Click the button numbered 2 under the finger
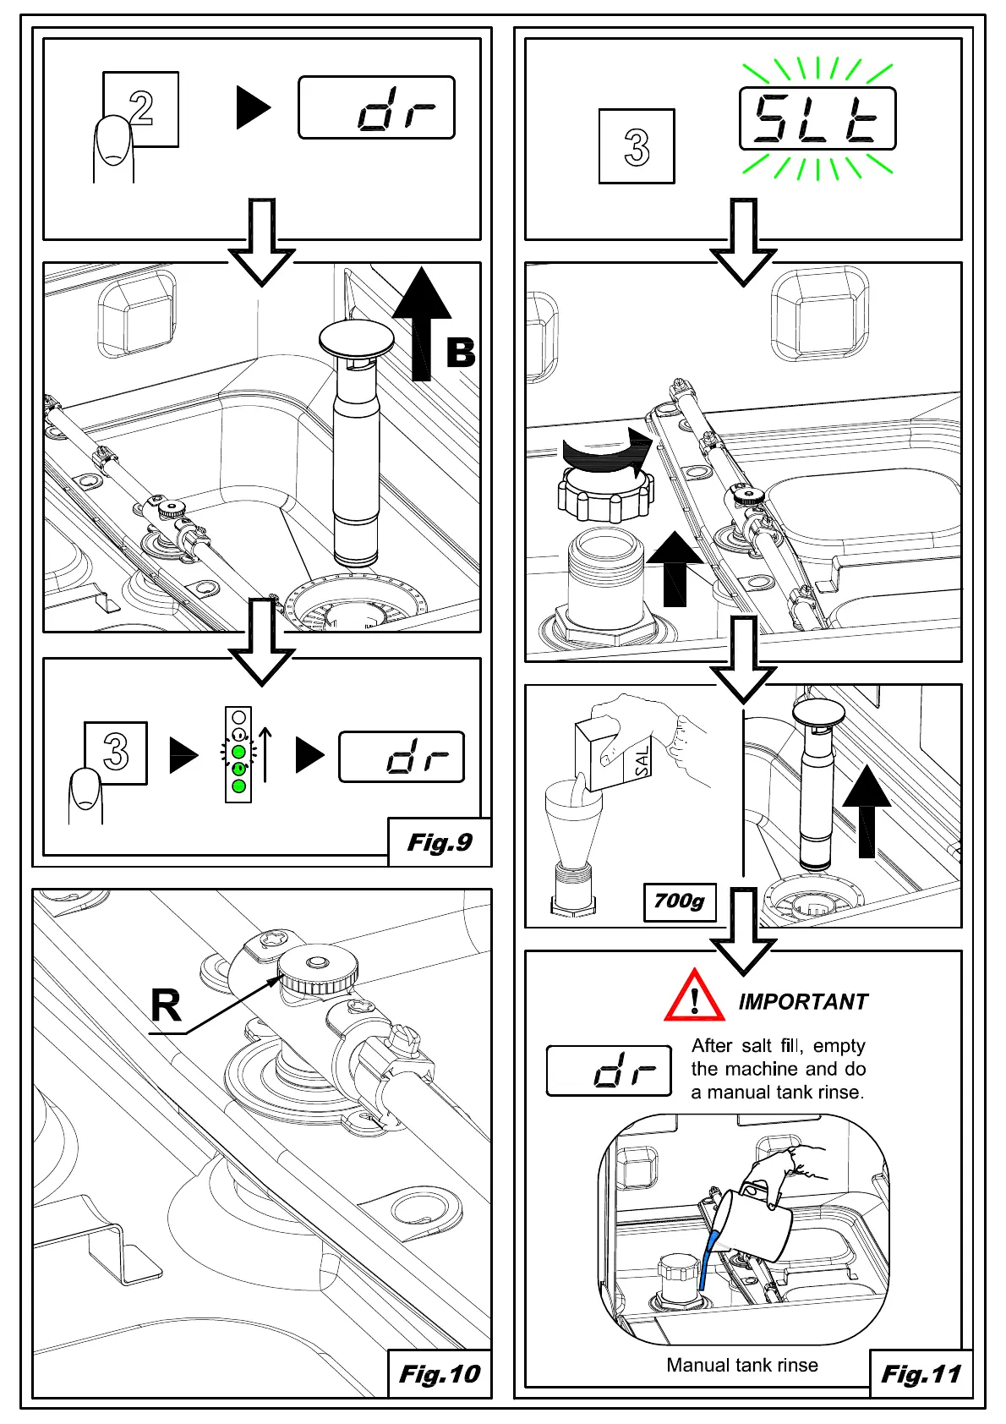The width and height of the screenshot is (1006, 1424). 141,108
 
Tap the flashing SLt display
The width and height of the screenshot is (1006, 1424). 817,119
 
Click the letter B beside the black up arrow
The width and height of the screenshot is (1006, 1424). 461,352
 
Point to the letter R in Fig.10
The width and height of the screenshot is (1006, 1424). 166,1006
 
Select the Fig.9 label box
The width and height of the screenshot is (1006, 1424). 440,842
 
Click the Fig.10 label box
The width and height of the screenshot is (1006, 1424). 440,1374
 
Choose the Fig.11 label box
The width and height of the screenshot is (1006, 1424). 921,1374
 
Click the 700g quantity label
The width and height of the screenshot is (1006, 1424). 679,901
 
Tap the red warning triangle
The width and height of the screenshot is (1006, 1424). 694,998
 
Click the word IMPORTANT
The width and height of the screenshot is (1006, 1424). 803,1002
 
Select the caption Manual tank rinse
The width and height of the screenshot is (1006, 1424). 742,1366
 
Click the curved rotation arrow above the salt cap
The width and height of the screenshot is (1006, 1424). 609,448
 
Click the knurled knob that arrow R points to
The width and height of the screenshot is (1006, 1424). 318,973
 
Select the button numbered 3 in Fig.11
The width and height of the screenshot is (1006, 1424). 637,146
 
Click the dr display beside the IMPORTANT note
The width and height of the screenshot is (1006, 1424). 609,1071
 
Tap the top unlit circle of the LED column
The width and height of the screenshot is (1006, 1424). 238,717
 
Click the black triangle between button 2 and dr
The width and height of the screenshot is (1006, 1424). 253,107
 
